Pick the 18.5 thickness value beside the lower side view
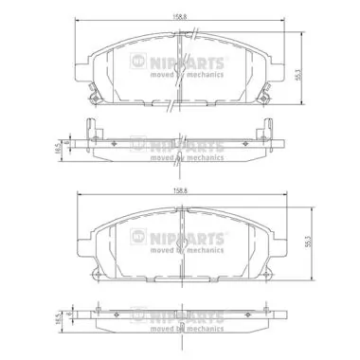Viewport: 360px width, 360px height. pos(58,322)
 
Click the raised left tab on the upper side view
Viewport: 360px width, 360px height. pos(91,126)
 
